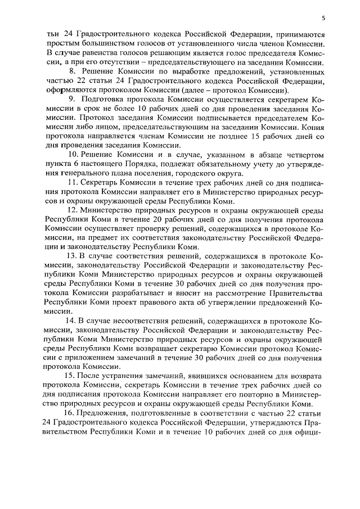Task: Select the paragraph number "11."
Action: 73,183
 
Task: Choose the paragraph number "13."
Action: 73,256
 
